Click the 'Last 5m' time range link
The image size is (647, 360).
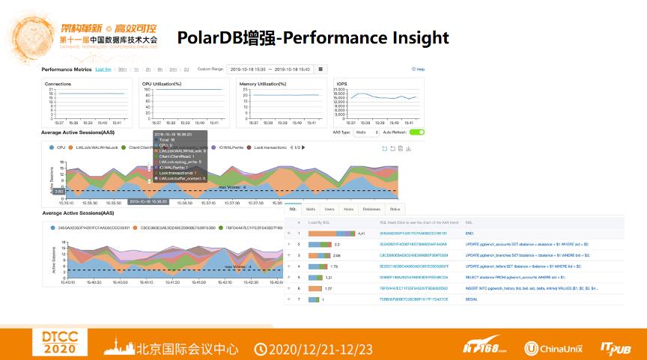tap(103, 69)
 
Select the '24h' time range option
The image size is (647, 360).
tap(173, 69)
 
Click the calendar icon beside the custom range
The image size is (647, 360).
tap(321, 69)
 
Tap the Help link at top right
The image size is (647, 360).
tap(418, 69)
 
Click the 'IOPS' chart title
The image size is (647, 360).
tap(342, 84)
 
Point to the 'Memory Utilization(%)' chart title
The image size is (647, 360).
tap(263, 84)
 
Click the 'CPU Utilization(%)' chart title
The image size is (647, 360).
tap(162, 84)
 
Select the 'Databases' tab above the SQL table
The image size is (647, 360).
tap(371, 209)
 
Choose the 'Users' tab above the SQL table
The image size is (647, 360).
tap(329, 209)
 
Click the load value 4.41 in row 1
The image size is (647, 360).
tap(360, 234)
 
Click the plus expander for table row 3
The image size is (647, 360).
tap(289, 255)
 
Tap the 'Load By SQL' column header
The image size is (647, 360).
tap(320, 222)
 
